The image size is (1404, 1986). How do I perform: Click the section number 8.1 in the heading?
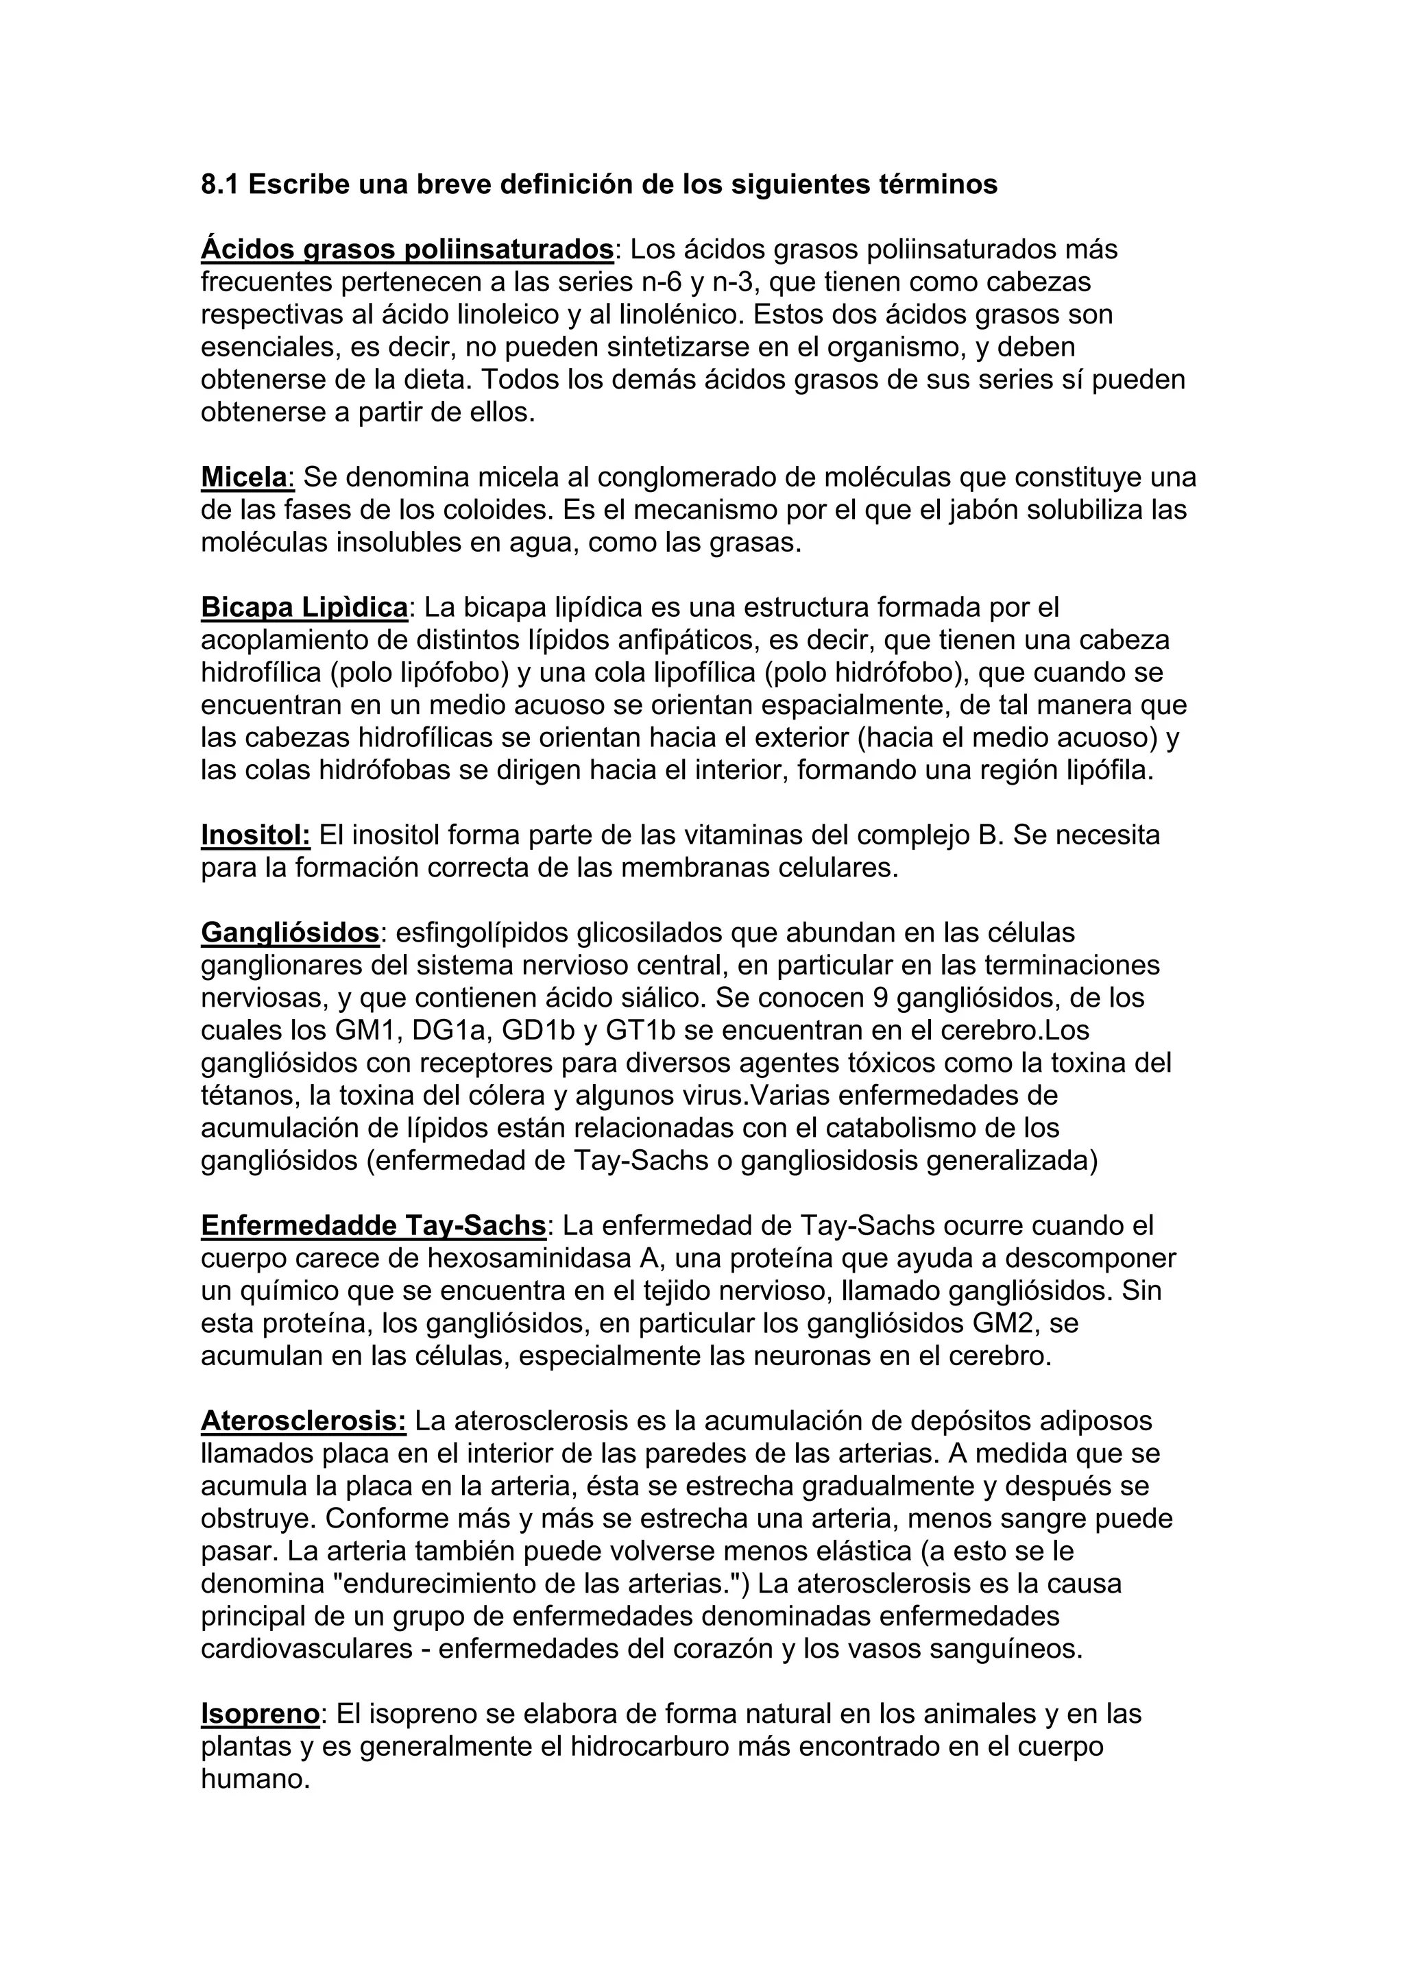221,184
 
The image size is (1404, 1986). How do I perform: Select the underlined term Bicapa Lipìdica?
304,607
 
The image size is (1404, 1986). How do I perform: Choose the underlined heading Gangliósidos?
290,933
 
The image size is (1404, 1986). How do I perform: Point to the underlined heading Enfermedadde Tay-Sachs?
373,1226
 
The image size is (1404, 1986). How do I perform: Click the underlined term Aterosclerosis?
303,1421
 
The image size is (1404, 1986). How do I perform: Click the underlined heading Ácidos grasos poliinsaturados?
407,249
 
